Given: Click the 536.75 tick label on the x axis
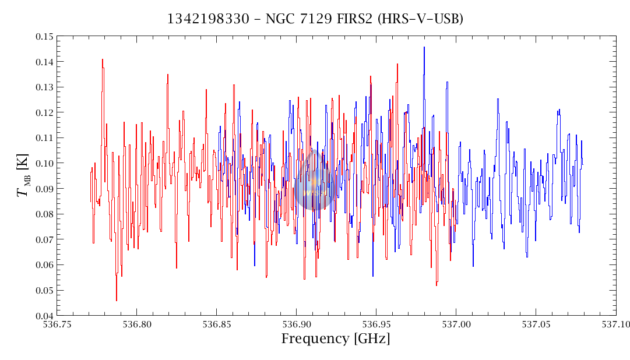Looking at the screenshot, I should pyautogui.click(x=57, y=324).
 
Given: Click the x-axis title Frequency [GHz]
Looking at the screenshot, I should pyautogui.click(x=336, y=339).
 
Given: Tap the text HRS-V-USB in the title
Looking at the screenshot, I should pyautogui.click(x=420, y=19).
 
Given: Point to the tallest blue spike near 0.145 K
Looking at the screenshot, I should pyautogui.click(x=424, y=48).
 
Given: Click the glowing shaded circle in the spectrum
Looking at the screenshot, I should pyautogui.click(x=314, y=188).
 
